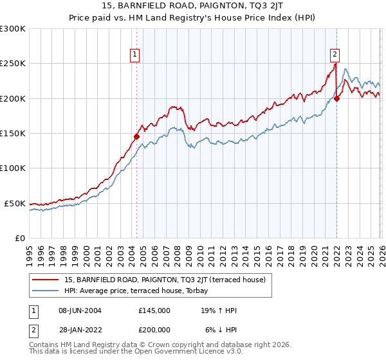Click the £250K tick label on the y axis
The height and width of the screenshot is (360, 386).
pyautogui.click(x=13, y=64)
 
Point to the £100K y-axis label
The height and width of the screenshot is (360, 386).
pyautogui.click(x=13, y=168)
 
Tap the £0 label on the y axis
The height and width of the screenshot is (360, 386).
pyautogui.click(x=20, y=239)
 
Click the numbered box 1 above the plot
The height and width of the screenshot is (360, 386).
pyautogui.click(x=136, y=55)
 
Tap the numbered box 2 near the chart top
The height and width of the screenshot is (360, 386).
pyautogui.click(x=335, y=55)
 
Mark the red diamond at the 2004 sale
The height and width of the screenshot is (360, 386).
pyautogui.click(x=136, y=136)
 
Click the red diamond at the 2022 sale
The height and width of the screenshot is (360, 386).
pyautogui.click(x=337, y=98)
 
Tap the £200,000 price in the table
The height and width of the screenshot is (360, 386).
pyautogui.click(x=154, y=329)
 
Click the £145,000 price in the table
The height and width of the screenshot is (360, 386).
pyautogui.click(x=154, y=310)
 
